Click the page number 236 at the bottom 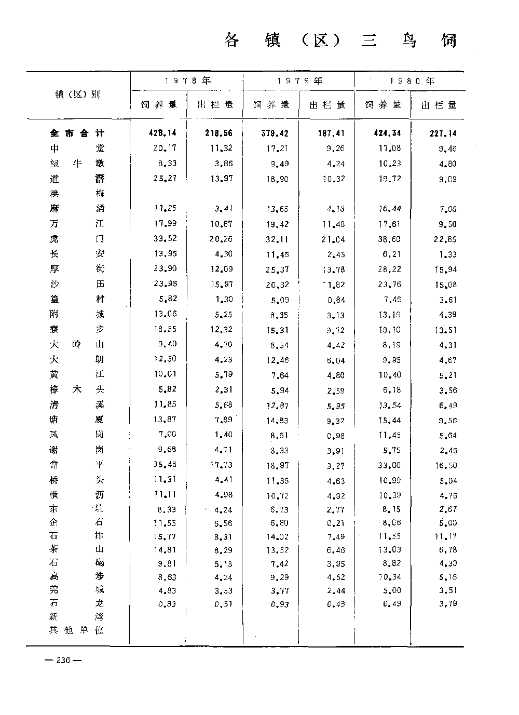click(63, 660)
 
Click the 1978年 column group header click(187, 80)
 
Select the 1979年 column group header click(299, 80)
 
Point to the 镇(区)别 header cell click(78, 95)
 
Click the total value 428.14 click(162, 133)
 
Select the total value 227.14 click(443, 133)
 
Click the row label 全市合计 click(77, 133)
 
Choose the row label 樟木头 click(77, 389)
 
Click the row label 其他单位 click(77, 630)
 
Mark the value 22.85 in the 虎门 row click(445, 239)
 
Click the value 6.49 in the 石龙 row click(389, 603)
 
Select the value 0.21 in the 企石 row click(333, 523)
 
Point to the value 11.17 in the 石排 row click(445, 536)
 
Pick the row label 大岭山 click(77, 344)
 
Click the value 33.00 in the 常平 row click(389, 465)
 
